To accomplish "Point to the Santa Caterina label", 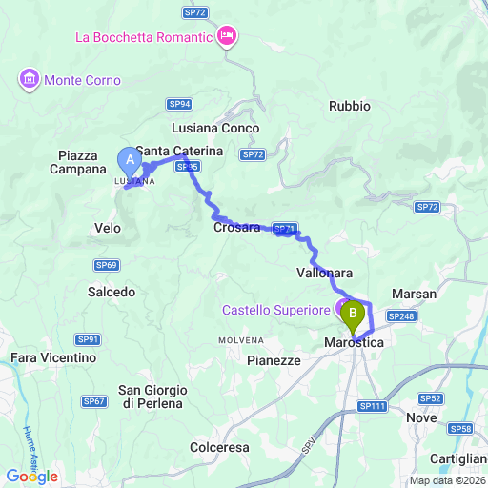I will tap(179, 152).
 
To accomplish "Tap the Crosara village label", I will tap(236, 227).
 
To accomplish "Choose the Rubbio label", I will tap(349, 106).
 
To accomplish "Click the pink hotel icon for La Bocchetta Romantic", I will tap(228, 38).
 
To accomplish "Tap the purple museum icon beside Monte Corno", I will tap(30, 77).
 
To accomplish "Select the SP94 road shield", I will tap(179, 104).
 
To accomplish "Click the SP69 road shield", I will tap(106, 264).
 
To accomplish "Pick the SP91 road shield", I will tap(89, 338).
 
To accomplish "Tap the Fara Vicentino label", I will tap(53, 357).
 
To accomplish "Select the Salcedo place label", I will tap(112, 292).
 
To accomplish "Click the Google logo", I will tap(32, 476).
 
